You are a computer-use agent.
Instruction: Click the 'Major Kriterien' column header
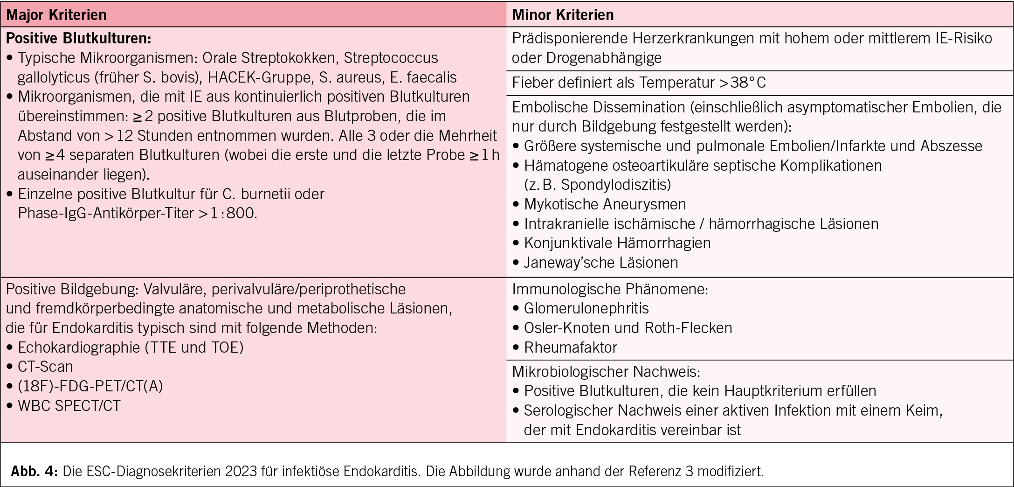click(56, 15)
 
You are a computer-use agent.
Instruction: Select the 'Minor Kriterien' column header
click(563, 15)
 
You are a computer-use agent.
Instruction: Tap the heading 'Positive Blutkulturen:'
click(78, 38)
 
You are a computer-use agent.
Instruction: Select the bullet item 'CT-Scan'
click(45, 367)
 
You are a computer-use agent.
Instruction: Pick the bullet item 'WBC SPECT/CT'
click(69, 405)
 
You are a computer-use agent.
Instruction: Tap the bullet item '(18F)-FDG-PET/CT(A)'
click(90, 386)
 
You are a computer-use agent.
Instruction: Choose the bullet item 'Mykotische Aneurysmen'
click(605, 204)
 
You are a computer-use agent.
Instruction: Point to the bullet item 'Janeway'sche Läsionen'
click(600, 263)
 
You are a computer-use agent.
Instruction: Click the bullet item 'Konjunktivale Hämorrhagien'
click(617, 243)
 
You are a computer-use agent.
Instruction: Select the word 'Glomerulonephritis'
click(586, 308)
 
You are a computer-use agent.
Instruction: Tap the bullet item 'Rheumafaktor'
click(570, 348)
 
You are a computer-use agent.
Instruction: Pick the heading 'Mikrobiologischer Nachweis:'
click(606, 372)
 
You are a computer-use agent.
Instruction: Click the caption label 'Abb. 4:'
click(34, 471)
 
